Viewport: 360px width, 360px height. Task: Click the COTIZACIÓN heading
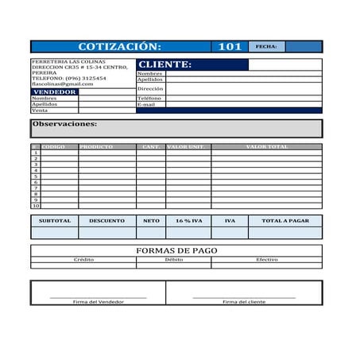[x=119, y=47]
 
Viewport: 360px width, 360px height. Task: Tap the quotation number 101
[x=230, y=47]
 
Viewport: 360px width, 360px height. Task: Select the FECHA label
[x=266, y=47]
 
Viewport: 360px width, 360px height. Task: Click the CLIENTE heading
[x=165, y=64]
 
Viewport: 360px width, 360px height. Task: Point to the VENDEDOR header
[x=55, y=92]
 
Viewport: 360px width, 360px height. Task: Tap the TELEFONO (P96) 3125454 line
[x=68, y=79]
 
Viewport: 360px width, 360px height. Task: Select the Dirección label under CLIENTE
[x=149, y=89]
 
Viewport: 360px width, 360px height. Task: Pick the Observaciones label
[x=64, y=124]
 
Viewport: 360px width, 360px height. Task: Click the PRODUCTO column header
[x=96, y=147]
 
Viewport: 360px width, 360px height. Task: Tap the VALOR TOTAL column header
[x=267, y=147]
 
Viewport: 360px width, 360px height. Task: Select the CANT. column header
[x=150, y=147]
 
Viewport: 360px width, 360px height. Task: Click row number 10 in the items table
[x=36, y=206]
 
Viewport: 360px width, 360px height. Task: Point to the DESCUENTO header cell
[x=106, y=221]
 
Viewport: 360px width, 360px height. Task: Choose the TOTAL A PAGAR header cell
[x=285, y=221]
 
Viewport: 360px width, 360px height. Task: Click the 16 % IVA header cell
[x=188, y=221]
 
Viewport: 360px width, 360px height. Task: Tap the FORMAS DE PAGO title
[x=176, y=250]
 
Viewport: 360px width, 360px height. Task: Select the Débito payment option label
[x=174, y=260]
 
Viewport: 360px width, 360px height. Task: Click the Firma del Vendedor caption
[x=98, y=302]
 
